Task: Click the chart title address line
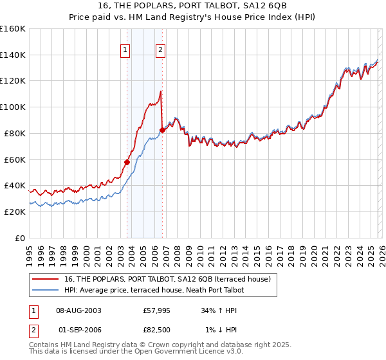[x=192, y=6]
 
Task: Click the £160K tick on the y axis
[x=13, y=29]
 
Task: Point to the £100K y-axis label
[x=13, y=107]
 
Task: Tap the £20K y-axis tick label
[x=14, y=212]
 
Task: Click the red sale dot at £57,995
[x=127, y=162]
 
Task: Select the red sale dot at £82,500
[x=161, y=130]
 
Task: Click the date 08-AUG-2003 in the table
[x=79, y=310]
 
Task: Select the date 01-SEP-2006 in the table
[x=79, y=329]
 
